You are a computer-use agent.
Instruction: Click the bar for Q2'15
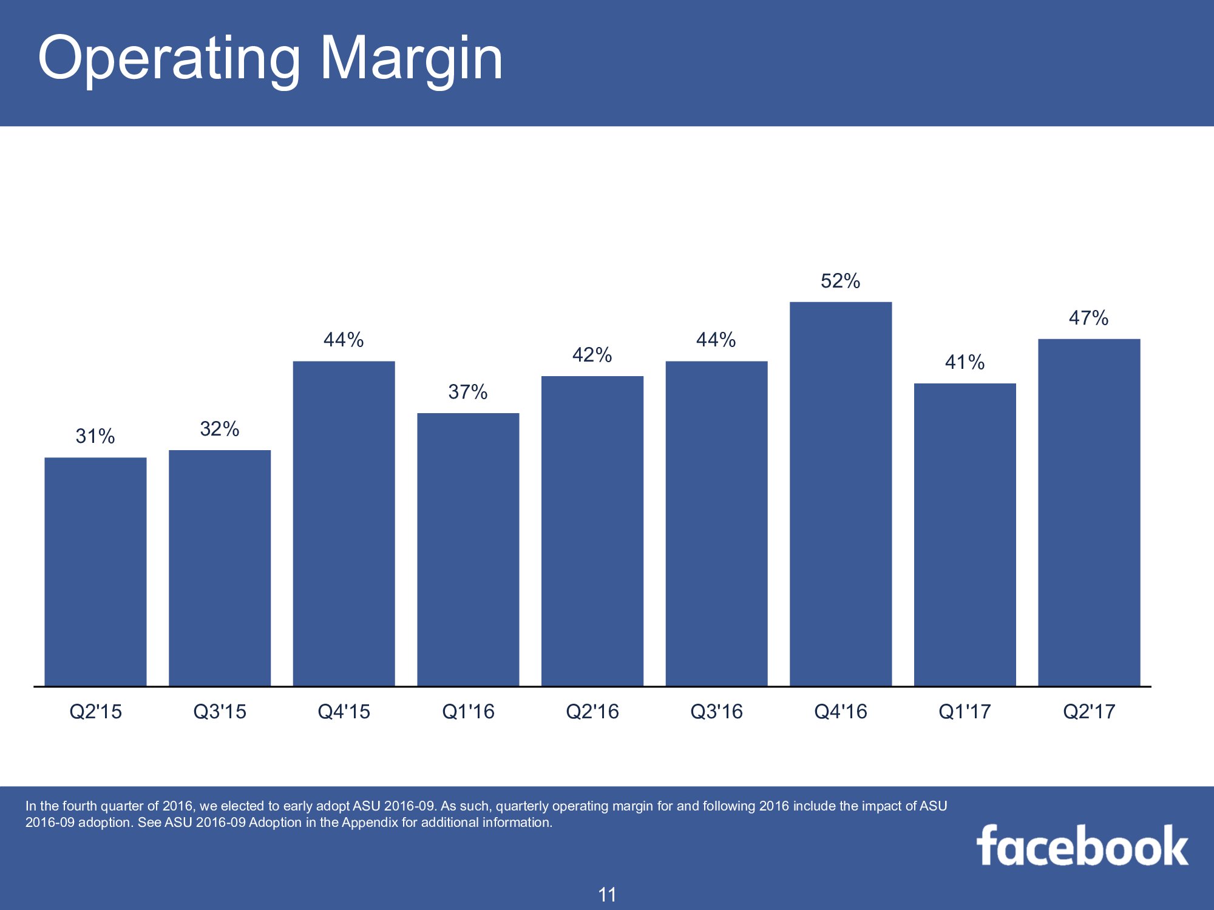(95, 571)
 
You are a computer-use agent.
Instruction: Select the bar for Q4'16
(841, 494)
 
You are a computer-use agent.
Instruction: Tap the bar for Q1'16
(468, 550)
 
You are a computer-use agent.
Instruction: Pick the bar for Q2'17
(1089, 512)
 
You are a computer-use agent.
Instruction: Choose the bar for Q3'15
(220, 568)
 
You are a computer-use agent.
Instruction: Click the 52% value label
(841, 281)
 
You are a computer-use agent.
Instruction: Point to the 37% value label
(468, 392)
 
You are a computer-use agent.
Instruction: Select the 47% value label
(1089, 318)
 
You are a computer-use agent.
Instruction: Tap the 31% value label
(95, 436)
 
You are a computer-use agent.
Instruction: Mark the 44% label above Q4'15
(344, 340)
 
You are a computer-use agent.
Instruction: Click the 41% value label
(965, 362)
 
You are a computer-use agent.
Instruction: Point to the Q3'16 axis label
(717, 711)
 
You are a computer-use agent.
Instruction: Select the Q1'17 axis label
(965, 711)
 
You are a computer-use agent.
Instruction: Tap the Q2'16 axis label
(592, 711)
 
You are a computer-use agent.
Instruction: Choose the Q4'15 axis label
(344, 711)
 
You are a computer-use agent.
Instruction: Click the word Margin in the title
(412, 59)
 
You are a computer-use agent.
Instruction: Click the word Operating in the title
(169, 59)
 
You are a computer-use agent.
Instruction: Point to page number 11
(607, 895)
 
